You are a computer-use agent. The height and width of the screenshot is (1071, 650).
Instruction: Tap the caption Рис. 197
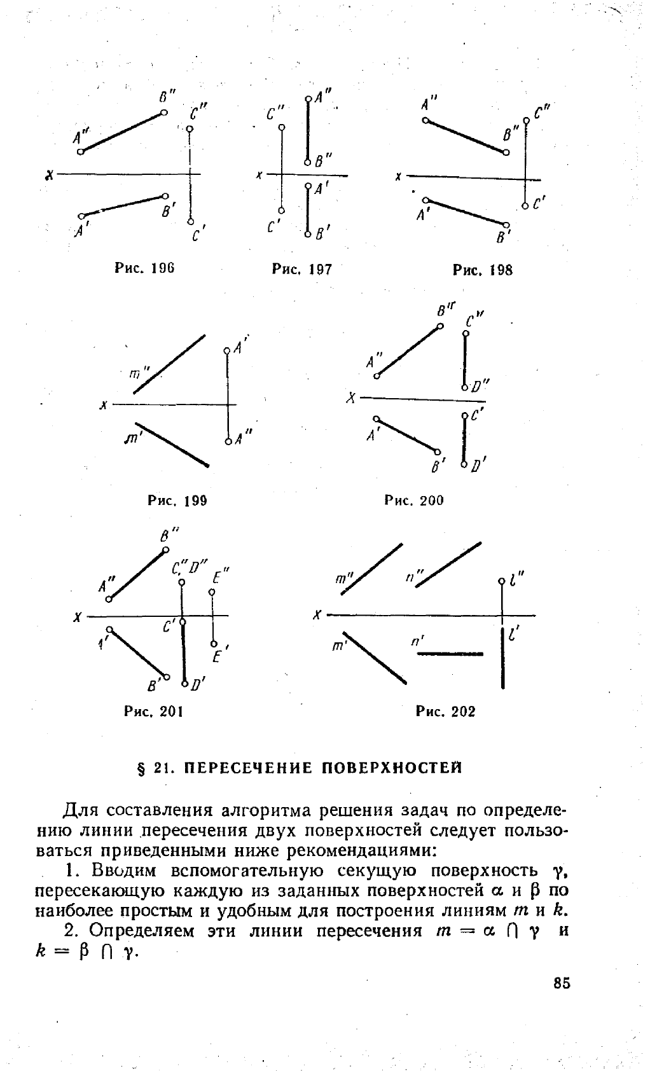(302, 269)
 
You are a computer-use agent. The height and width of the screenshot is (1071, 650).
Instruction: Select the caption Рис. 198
(483, 270)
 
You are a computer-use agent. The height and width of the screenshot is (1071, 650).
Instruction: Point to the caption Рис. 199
(177, 501)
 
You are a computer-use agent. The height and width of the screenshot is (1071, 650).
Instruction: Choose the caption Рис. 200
(414, 501)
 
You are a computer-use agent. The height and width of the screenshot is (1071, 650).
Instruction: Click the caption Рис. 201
(154, 711)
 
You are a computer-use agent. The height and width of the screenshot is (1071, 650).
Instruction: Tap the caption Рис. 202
(445, 711)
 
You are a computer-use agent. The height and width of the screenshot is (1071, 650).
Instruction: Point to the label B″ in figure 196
(166, 97)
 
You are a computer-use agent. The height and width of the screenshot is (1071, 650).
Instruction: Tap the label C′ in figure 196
(198, 236)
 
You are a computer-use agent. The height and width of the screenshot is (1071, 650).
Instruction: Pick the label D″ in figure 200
(478, 385)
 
